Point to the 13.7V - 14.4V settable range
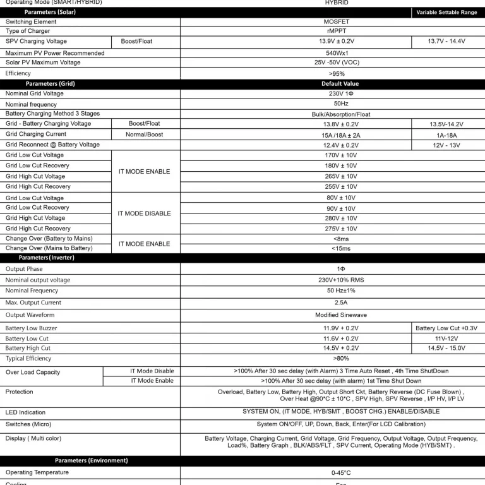(446, 41)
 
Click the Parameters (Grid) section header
(50, 83)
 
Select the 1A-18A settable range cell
(446, 135)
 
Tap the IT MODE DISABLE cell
(144, 213)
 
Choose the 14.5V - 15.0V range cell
(446, 348)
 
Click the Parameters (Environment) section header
(91, 460)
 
